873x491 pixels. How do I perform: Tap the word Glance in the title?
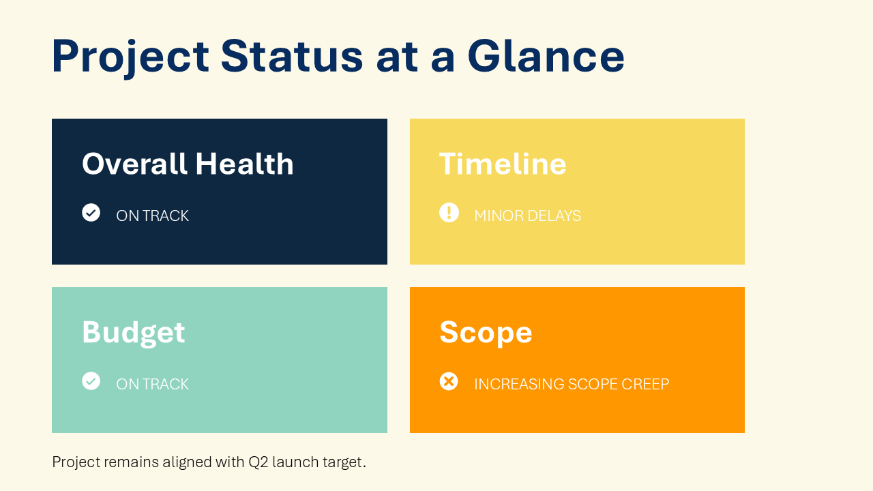pos(546,57)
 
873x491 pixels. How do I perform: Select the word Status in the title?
pos(292,57)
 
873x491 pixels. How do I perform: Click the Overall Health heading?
pos(188,164)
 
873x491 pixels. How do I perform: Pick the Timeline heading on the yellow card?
pos(503,164)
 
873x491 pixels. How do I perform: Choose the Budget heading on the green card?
pos(133,333)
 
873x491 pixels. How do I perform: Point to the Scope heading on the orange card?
pos(486,333)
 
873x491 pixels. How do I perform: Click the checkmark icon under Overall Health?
pos(91,213)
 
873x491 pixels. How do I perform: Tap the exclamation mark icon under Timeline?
pos(449,213)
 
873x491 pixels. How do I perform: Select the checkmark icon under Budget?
pos(91,381)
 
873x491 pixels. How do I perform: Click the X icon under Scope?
pos(449,381)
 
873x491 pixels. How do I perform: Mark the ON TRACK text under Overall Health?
pos(152,216)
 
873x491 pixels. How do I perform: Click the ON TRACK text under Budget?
pos(152,385)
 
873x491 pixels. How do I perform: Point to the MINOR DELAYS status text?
pos(527,216)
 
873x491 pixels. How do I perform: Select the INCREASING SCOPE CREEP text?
pos(571,385)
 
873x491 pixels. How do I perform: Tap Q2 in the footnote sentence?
pos(258,462)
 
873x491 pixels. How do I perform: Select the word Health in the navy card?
pos(244,164)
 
